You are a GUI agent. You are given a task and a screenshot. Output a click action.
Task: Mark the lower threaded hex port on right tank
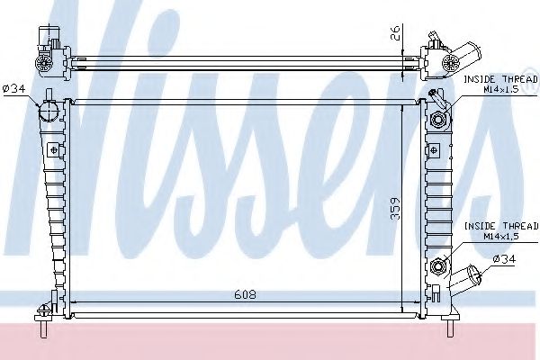pos(440,265)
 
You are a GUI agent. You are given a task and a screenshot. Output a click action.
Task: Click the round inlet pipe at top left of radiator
pos(48,112)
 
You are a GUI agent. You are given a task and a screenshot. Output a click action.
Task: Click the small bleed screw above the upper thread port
pos(434,95)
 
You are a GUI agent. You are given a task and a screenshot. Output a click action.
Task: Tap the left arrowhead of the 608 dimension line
pos(73,300)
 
